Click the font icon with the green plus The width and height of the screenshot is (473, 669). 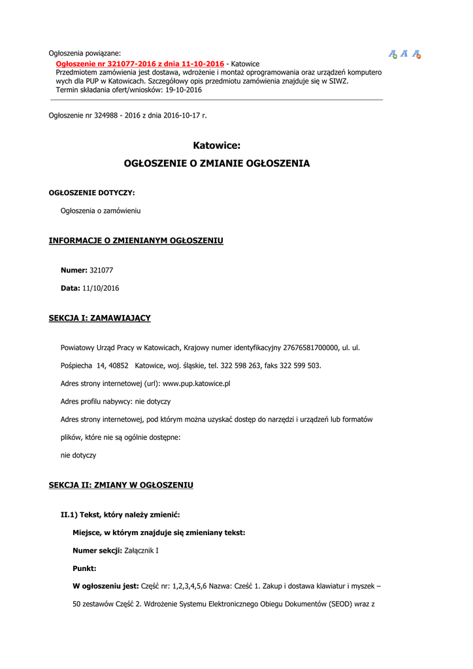393,54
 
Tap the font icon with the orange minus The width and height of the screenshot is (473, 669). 416,54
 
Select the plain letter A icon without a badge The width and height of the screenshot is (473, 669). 404,54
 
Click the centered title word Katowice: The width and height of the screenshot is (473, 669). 217,146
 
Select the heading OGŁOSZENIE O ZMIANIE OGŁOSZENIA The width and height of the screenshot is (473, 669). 217,163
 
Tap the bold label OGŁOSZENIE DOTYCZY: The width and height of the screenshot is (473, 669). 92,193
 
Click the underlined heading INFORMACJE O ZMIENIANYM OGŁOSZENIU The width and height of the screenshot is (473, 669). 136,241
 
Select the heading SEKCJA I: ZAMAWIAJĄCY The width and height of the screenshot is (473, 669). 99,318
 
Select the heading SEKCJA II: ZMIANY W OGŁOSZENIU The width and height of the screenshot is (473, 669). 121,485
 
